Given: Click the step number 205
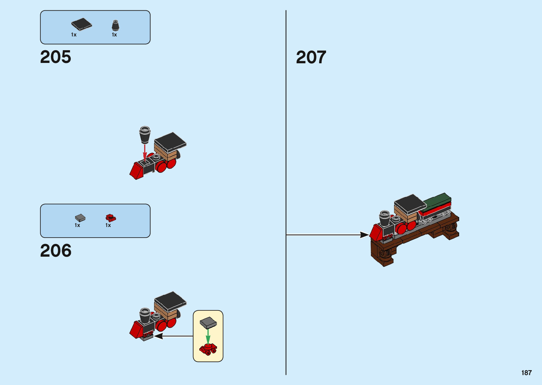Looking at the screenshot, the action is tap(56, 57).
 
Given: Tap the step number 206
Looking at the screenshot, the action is tap(56, 251).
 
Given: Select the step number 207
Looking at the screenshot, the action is tap(311, 57).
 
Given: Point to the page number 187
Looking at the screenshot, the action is tap(526, 373).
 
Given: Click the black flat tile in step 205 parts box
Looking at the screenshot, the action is tap(81, 24).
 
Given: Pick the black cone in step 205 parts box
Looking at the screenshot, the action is tap(115, 25).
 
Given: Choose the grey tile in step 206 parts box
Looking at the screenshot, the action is tap(80, 218).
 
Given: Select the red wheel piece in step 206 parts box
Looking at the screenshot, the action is tap(110, 218).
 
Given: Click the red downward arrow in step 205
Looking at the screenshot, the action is tap(145, 152).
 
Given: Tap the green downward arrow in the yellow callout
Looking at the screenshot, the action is tap(208, 336).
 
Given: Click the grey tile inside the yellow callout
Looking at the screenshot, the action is tap(208, 322).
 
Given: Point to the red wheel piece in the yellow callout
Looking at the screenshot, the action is tap(208, 349).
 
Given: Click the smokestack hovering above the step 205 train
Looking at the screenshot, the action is tap(145, 134).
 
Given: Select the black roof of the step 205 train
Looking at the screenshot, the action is tap(170, 141).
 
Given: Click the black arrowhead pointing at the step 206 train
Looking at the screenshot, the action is tap(158, 336).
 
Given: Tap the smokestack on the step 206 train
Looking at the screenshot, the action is tap(145, 316).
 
